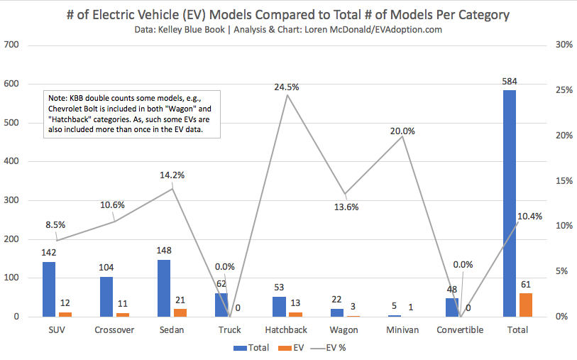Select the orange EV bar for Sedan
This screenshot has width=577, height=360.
pos(181,312)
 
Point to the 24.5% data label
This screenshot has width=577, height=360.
pos(287,87)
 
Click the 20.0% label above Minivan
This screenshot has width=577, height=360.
pos(402,131)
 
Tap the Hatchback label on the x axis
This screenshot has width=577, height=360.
pos(287,330)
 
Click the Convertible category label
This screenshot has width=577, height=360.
pos(460,330)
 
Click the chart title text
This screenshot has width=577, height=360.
pos(288,15)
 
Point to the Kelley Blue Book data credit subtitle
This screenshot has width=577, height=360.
pos(288,30)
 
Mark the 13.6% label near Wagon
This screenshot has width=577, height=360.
pos(346,207)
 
